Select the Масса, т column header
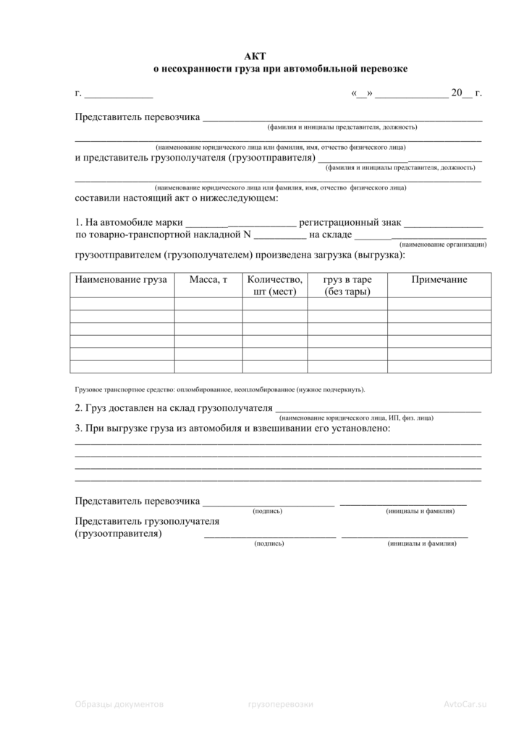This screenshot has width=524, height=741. coord(208,280)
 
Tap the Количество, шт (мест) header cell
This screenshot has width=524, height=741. coord(274,286)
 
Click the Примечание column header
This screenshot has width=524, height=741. coord(439,280)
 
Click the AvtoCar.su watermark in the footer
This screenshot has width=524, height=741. coord(466,703)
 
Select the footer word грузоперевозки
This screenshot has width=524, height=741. coord(280,703)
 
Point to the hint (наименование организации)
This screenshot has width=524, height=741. coord(443,245)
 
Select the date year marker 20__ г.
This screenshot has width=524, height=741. coord(466,94)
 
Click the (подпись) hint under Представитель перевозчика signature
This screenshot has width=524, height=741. coord(267,511)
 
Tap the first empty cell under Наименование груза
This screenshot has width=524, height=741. coord(122,303)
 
